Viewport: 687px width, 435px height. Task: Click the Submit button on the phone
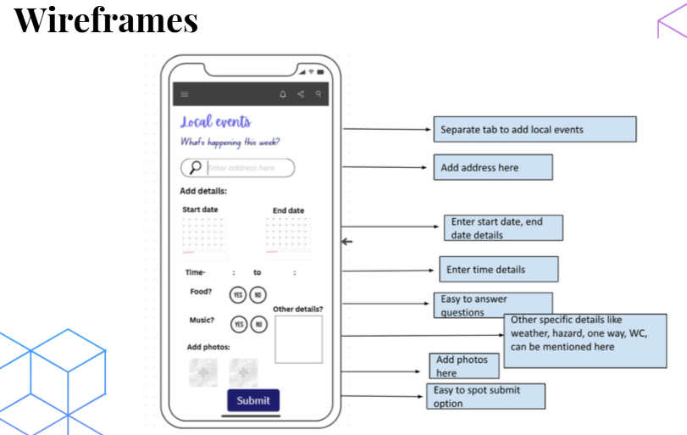tap(252, 401)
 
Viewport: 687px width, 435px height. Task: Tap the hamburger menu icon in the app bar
tap(185, 94)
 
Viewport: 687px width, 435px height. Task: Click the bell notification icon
tap(283, 94)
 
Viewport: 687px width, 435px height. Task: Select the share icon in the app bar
tap(301, 94)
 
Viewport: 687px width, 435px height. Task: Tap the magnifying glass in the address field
tap(196, 168)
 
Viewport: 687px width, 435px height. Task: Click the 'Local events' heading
tap(215, 122)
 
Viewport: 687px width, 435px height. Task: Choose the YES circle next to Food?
tap(238, 294)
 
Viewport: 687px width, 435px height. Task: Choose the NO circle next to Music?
tap(258, 325)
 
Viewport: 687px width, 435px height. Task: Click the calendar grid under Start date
tap(204, 236)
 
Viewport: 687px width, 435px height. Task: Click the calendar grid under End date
tap(288, 236)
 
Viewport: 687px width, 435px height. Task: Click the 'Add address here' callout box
tap(492, 167)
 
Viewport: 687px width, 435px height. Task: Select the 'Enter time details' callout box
tap(498, 270)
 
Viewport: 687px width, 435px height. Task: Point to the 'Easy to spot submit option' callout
tap(485, 396)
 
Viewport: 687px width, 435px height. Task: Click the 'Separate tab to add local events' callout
tap(534, 130)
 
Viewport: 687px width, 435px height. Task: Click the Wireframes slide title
tap(106, 20)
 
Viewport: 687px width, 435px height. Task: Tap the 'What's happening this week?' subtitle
tap(230, 142)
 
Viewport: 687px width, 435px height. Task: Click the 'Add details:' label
tap(203, 192)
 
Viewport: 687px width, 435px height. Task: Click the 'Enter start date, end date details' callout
tap(503, 228)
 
